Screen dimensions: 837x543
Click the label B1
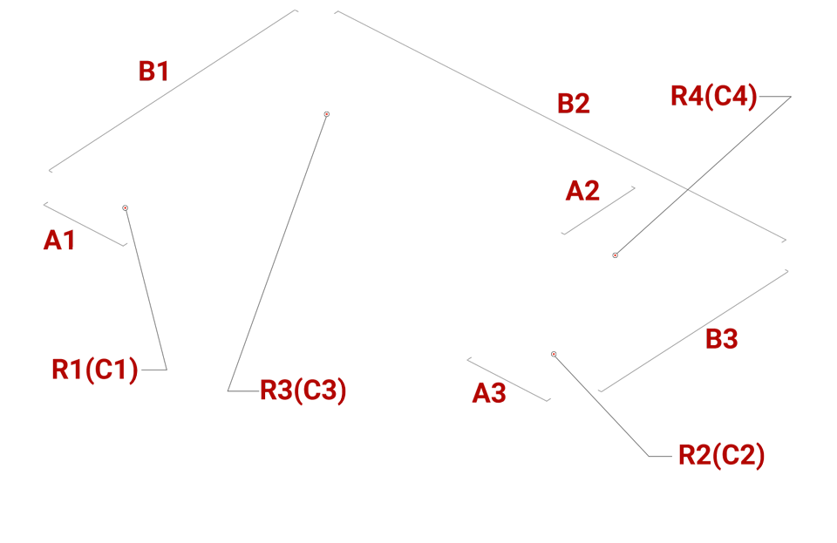[x=153, y=71]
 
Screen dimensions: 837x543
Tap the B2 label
[x=574, y=103]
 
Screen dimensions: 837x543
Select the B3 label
[x=721, y=339]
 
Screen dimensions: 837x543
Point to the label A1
[x=59, y=240]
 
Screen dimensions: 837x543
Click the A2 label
[x=582, y=190]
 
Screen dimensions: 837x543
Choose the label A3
[x=489, y=393]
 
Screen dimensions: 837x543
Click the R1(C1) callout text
[x=95, y=369]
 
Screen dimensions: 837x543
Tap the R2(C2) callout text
[x=721, y=455]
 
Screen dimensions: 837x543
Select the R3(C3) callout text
[x=303, y=390]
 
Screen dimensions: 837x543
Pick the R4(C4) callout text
[x=714, y=96]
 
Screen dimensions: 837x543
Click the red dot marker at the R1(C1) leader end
[x=125, y=208]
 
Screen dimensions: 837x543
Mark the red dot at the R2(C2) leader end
[x=554, y=354]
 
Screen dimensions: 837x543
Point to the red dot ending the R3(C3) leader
[x=327, y=114]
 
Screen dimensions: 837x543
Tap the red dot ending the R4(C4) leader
[x=615, y=255]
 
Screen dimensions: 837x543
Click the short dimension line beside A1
[x=85, y=225]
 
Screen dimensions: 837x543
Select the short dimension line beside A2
[x=598, y=210]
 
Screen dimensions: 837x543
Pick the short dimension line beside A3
[x=508, y=379]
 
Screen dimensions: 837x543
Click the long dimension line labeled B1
[x=174, y=91]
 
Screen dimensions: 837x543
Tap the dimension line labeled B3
[x=693, y=330]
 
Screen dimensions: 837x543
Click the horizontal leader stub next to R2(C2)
[x=660, y=456]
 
